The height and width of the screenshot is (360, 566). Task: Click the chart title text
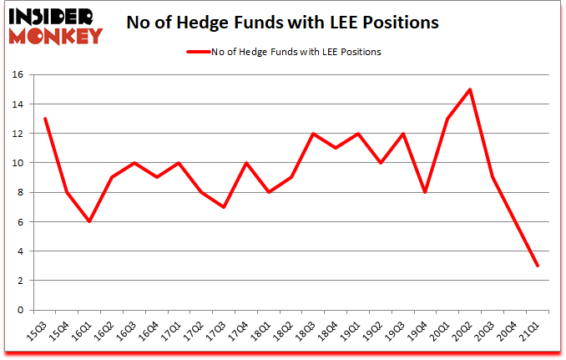pyautogui.click(x=282, y=23)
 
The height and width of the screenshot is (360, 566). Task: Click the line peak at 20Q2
pyautogui.click(x=470, y=89)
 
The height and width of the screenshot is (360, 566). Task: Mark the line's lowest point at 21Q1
pyautogui.click(x=538, y=266)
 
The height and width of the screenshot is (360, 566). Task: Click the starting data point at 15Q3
pyautogui.click(x=45, y=119)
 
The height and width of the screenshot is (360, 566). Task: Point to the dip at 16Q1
pyautogui.click(x=90, y=221)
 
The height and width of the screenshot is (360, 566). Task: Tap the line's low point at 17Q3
pyautogui.click(x=224, y=207)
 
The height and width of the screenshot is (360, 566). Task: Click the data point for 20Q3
pyautogui.click(x=493, y=178)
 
